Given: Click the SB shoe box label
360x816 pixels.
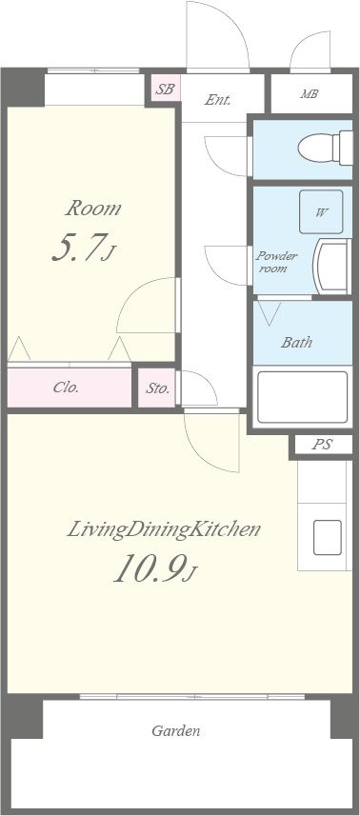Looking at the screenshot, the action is (x=166, y=89).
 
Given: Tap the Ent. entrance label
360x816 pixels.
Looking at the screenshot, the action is (x=217, y=100).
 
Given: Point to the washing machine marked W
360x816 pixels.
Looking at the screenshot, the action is (x=321, y=211).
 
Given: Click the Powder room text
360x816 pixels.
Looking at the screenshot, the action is (x=276, y=262).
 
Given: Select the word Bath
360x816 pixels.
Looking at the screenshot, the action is (x=296, y=342).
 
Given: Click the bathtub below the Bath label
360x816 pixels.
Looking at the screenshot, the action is (x=302, y=396).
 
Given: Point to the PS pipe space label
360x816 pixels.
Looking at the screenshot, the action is (x=323, y=445).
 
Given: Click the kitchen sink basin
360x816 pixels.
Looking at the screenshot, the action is (x=328, y=537).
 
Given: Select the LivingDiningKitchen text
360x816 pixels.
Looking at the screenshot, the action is (x=164, y=529).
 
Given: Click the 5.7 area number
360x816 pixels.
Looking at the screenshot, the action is (x=83, y=248).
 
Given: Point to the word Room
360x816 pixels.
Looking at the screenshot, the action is (x=93, y=209).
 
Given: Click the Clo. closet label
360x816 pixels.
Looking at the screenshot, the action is (x=66, y=388).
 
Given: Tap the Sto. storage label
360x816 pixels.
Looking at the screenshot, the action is (x=157, y=388).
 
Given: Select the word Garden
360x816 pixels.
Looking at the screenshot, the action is (x=176, y=730).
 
